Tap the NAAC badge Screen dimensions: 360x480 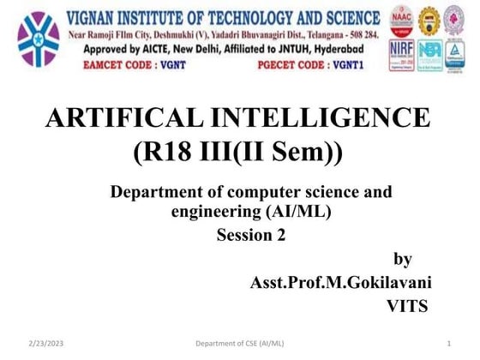[400, 20]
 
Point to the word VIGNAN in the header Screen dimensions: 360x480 [96, 17]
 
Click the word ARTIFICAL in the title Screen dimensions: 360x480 [128, 119]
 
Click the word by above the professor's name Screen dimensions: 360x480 [402, 259]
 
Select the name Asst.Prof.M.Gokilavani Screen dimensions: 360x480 [338, 282]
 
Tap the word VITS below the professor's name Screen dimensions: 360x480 [406, 306]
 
